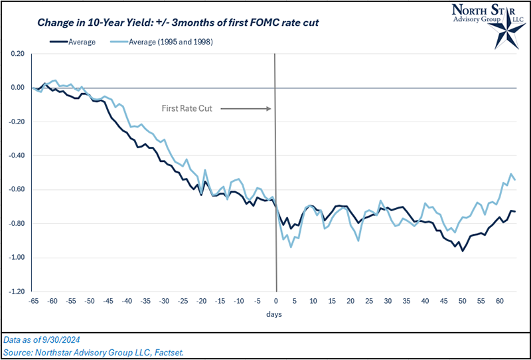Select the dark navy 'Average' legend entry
click(73, 41)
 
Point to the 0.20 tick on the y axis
click(17, 54)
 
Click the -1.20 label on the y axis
click(17, 292)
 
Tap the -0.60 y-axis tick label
click(17, 189)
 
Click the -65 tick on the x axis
click(33, 301)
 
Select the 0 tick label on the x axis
click(275, 301)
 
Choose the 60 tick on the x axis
click(498, 301)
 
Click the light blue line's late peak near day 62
click(511, 174)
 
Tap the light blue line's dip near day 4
click(291, 247)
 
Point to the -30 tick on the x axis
click(164, 301)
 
